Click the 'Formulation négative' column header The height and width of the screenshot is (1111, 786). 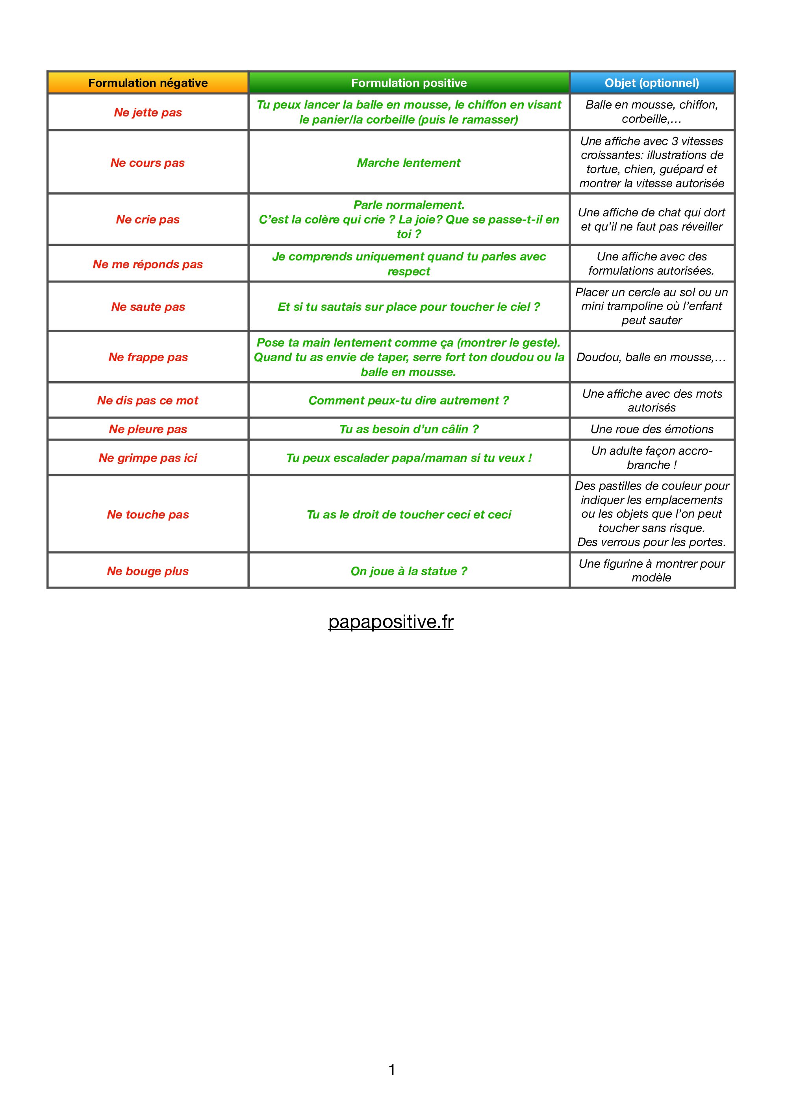[148, 83]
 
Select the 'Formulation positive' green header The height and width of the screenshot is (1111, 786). [409, 83]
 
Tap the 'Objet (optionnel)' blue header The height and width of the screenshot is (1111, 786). [652, 83]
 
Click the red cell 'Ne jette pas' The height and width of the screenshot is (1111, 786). [148, 112]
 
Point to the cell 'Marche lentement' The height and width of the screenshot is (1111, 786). [409, 162]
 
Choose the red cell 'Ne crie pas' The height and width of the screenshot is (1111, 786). [148, 219]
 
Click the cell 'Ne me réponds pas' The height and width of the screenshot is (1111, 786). [148, 264]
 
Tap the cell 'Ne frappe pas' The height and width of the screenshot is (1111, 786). [148, 357]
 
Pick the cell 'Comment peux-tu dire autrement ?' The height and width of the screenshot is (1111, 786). [409, 400]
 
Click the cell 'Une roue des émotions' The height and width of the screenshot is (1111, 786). [652, 429]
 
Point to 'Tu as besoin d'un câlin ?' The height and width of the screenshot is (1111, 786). [409, 429]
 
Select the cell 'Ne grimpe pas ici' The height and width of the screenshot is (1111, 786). [148, 458]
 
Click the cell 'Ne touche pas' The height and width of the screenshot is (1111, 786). [148, 514]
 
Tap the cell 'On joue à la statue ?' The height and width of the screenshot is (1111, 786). [409, 571]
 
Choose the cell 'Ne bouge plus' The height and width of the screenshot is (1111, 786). [148, 571]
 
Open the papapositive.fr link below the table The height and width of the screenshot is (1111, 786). [391, 622]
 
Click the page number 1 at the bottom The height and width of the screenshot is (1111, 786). [392, 1069]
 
